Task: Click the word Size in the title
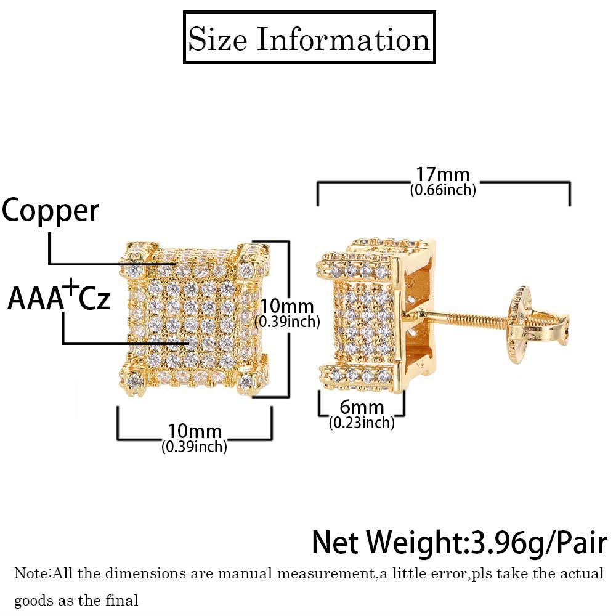coord(217,39)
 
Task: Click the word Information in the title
coord(342,39)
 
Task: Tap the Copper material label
coord(50,211)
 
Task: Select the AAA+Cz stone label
coord(59,299)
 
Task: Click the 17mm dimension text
coord(442,174)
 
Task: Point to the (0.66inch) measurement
coord(443,190)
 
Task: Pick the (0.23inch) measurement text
coord(361,423)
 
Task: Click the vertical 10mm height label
coord(287,306)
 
